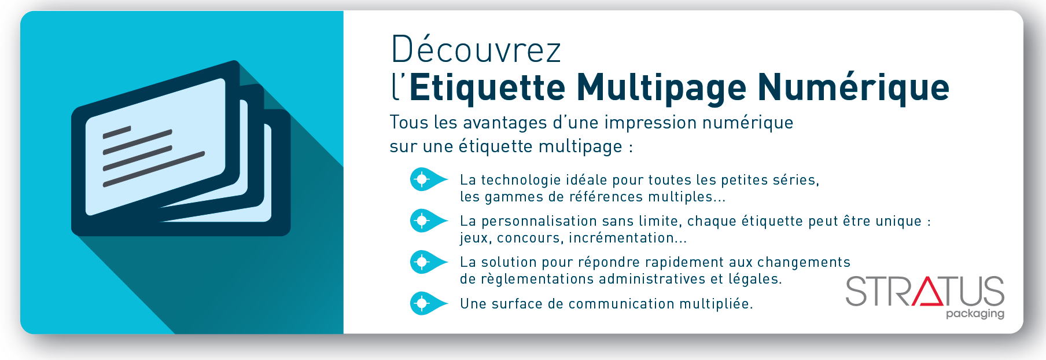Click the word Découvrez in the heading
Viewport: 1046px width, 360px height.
point(476,49)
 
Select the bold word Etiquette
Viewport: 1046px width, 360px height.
point(487,87)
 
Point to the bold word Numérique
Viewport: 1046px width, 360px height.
point(853,87)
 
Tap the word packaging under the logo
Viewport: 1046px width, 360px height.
point(975,314)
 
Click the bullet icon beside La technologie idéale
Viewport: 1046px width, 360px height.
point(428,179)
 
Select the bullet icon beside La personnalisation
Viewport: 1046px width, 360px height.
point(428,221)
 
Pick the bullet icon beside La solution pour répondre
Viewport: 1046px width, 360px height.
point(428,262)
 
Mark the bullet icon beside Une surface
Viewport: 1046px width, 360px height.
point(428,303)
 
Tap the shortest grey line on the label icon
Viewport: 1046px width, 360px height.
point(117,133)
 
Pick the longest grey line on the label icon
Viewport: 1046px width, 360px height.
point(154,169)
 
